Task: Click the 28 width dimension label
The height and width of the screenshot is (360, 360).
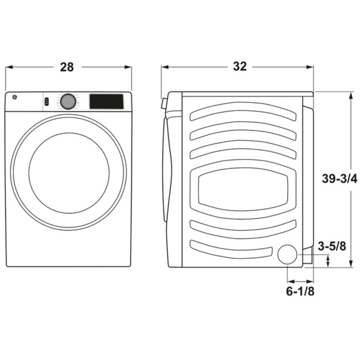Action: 67,67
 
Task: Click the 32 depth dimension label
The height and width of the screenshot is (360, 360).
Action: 240,66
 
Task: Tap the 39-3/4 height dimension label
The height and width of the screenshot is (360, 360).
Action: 339,179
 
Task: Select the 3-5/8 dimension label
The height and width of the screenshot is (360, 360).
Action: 332,246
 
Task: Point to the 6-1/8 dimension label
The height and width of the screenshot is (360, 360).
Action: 300,291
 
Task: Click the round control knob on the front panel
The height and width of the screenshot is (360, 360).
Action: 68,102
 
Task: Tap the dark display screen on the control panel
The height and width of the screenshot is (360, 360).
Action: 106,101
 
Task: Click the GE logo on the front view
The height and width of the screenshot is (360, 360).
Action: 14,98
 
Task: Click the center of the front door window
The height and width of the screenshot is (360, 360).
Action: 69,173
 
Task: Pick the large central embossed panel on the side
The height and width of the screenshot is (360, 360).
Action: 243,189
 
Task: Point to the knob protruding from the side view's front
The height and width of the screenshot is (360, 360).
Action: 163,104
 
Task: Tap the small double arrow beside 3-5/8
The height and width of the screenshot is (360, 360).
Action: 328,261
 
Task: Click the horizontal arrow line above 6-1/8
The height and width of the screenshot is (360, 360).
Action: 300,281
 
